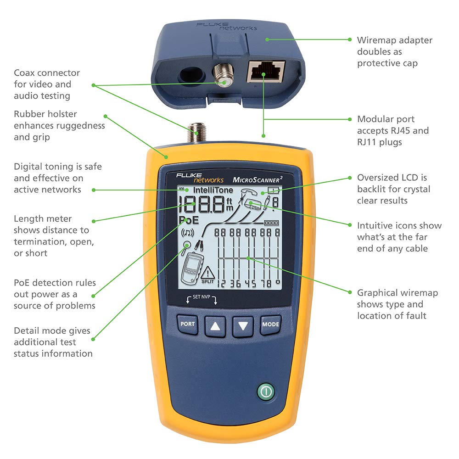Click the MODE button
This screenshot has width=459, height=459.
270,324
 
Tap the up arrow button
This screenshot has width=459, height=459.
215,326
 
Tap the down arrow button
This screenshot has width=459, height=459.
243,326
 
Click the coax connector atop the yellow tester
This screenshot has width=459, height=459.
198,133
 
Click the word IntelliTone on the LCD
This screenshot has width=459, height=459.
213,190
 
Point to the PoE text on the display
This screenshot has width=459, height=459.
189,220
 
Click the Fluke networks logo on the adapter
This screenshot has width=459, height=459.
226,26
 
